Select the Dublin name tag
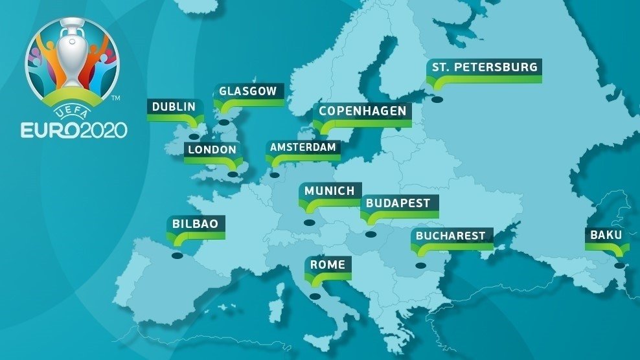coord(173,107)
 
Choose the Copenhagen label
coord(362,111)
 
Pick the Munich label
coord(329,191)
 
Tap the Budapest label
coord(398,203)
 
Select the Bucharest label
coord(450,235)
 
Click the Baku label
coord(606,235)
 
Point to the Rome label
coord(327,264)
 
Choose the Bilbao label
coord(195,224)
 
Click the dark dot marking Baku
coord(619,265)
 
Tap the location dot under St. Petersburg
coord(437,100)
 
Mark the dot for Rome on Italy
coord(315,297)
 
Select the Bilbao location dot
coord(177,256)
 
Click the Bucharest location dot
coord(420,265)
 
